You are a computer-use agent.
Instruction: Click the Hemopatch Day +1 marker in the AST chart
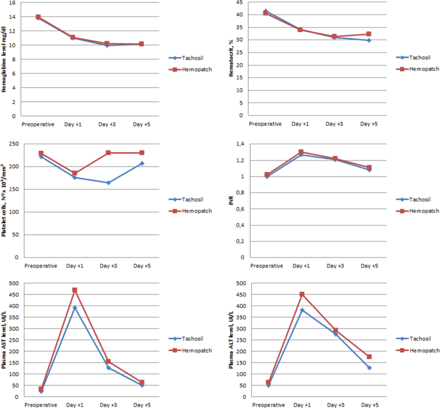[75, 290]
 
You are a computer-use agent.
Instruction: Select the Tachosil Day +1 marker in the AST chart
[75, 308]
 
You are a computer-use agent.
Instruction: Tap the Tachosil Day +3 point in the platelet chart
[108, 182]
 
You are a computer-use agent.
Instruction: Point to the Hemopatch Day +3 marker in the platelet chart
[108, 153]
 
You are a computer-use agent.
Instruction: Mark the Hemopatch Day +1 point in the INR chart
[301, 152]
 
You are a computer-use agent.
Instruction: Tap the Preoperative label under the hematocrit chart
[265, 123]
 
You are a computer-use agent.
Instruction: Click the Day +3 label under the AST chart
[108, 405]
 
